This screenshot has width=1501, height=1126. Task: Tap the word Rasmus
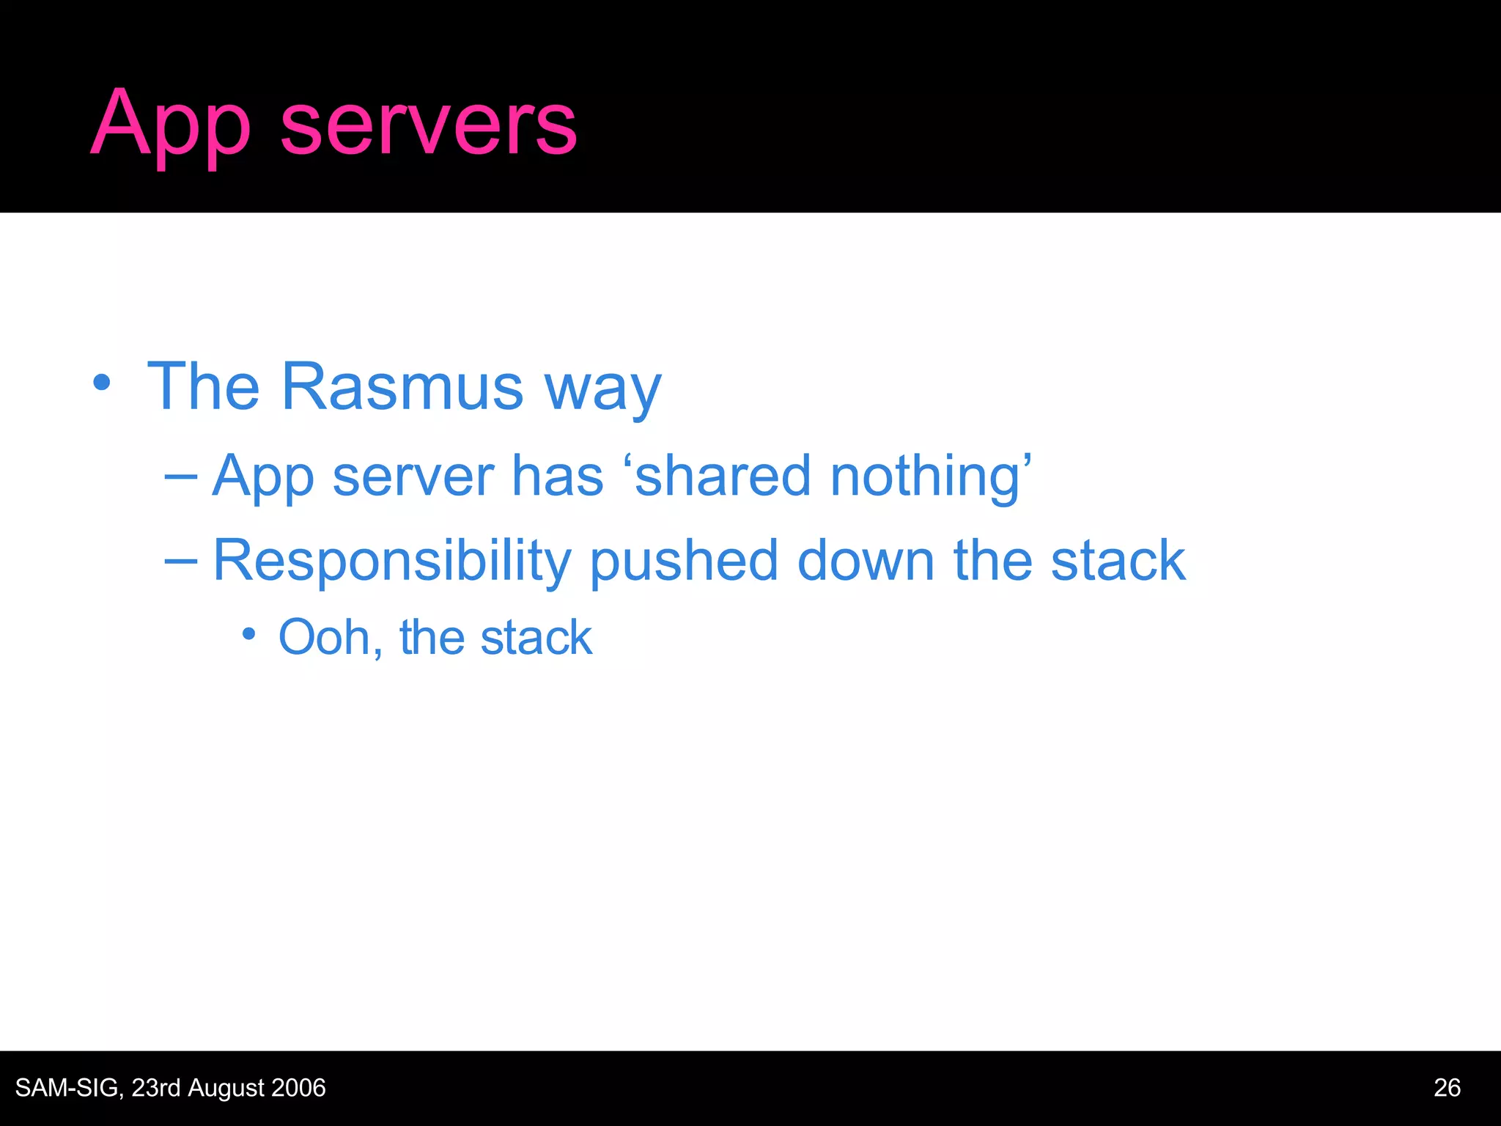(x=402, y=386)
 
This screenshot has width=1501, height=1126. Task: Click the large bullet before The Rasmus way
(x=102, y=383)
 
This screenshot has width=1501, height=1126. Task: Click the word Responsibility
(x=391, y=561)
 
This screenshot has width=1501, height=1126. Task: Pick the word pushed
(x=683, y=561)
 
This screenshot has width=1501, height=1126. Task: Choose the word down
(x=865, y=560)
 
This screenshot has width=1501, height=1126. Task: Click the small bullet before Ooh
(x=249, y=633)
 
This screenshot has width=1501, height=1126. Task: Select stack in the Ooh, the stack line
(x=536, y=637)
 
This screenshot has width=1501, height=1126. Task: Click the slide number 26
(x=1447, y=1088)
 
